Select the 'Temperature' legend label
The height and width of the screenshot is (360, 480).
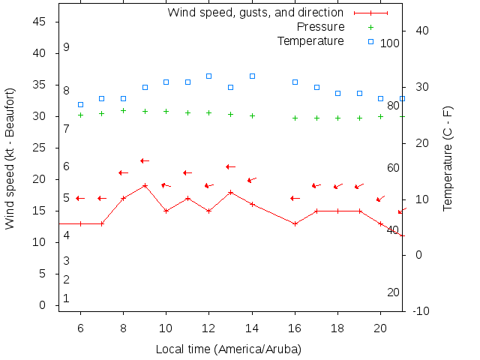click(310, 40)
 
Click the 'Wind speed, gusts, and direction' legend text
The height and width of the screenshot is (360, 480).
click(255, 13)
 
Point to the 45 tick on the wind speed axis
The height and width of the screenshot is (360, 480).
click(40, 22)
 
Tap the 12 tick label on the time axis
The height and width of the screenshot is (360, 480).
click(209, 328)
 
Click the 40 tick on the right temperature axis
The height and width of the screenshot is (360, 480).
click(421, 31)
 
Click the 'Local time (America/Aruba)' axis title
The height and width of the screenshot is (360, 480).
click(228, 349)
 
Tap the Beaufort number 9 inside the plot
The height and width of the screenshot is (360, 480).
click(66, 47)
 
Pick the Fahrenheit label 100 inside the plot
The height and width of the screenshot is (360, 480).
click(389, 43)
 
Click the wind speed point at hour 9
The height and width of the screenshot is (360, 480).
click(145, 185)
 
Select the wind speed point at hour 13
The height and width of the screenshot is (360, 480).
click(231, 192)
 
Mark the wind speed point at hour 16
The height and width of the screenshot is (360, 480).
click(295, 223)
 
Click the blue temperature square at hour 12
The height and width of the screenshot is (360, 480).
click(209, 76)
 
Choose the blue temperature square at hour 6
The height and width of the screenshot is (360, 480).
click(80, 104)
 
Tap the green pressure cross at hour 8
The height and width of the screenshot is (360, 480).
click(123, 110)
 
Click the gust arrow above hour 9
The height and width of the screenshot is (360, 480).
click(145, 160)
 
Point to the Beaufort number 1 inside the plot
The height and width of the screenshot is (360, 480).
click(66, 298)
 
